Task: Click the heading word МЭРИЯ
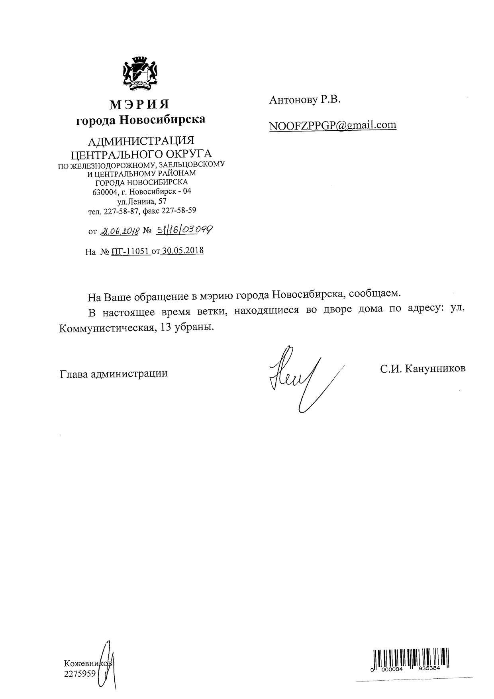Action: tap(139, 104)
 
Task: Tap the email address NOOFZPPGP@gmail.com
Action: tap(333, 125)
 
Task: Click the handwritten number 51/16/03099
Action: tap(184, 230)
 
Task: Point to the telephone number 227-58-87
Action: tap(121, 211)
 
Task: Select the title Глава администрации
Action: tap(114, 374)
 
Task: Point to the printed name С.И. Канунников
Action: tap(422, 369)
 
